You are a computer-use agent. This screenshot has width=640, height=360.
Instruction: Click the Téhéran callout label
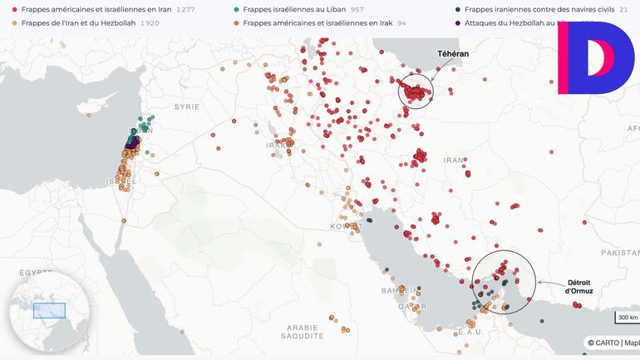[453, 53]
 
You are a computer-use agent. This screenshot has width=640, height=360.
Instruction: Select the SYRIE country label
[186, 106]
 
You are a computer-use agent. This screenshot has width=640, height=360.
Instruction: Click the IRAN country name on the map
[453, 160]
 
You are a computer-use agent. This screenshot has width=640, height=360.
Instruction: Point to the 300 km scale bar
[628, 318]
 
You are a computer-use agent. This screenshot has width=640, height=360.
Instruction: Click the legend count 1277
[188, 9]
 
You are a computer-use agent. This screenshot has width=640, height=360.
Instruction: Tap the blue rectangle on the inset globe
[49, 310]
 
